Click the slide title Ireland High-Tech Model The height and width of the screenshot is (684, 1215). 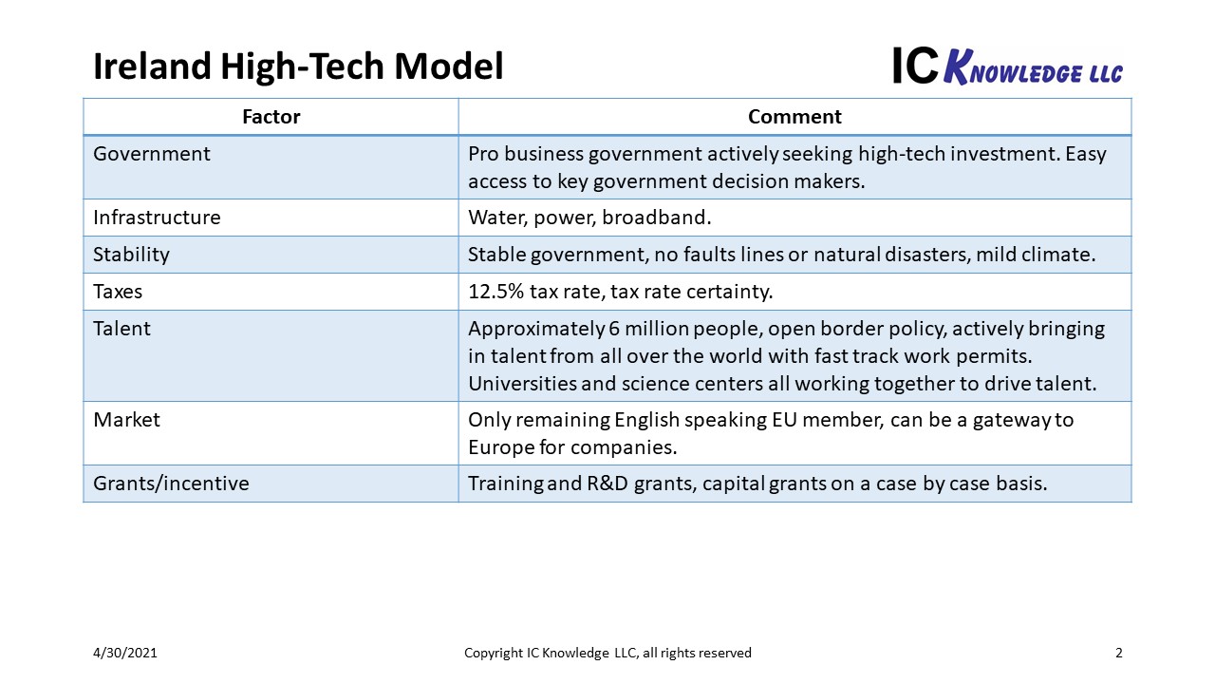(298, 66)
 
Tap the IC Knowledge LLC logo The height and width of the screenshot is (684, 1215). (1008, 66)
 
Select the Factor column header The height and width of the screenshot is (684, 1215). (271, 117)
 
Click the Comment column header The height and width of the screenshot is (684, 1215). (794, 117)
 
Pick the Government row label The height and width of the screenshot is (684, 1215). (151, 154)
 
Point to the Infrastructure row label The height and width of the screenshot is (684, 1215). (157, 218)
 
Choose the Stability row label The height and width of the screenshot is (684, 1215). (131, 255)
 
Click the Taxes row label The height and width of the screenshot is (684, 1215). (118, 292)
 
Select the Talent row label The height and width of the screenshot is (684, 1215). (121, 329)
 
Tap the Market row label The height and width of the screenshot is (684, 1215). (126, 420)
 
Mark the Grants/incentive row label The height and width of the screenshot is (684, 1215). (171, 484)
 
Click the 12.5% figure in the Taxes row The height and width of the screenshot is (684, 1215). (495, 292)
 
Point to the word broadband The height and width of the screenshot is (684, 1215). (656, 218)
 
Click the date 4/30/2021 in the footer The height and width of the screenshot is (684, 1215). (124, 653)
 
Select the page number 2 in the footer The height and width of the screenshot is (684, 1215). (1118, 653)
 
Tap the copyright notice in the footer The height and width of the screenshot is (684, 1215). (607, 653)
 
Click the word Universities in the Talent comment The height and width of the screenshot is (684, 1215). (522, 383)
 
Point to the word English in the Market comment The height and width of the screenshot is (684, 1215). (646, 420)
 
